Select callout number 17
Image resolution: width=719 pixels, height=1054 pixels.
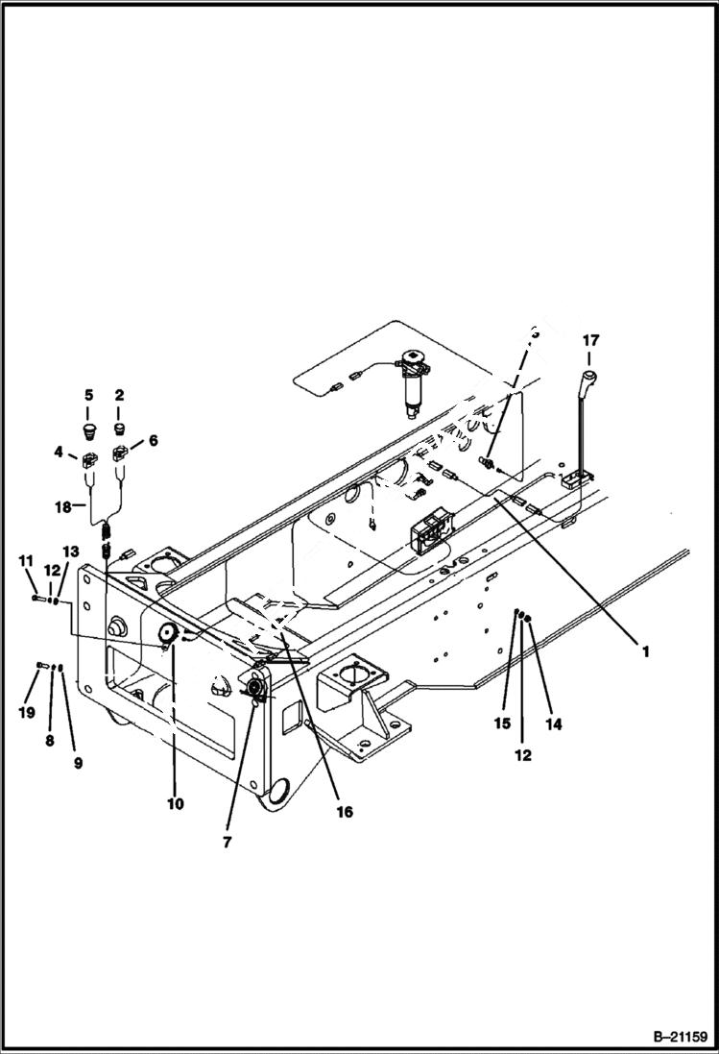(590, 339)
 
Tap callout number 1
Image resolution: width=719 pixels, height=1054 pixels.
(646, 650)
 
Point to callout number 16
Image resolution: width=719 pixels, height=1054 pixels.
(344, 812)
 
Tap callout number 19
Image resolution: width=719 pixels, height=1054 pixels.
(25, 713)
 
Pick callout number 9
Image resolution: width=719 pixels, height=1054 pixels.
(78, 763)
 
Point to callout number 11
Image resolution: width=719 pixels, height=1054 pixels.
(26, 559)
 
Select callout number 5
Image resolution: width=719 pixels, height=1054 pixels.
(88, 395)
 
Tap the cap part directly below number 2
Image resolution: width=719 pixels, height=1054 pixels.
(121, 427)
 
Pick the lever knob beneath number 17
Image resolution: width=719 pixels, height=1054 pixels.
(590, 374)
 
